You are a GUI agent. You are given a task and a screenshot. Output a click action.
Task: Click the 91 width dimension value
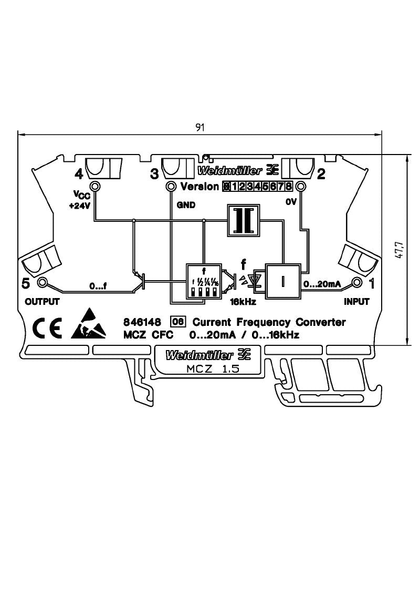click(200, 128)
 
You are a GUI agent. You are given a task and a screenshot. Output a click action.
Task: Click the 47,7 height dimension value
click(398, 250)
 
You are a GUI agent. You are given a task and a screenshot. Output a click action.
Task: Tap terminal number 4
click(79, 173)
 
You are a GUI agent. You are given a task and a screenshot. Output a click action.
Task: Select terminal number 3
click(154, 173)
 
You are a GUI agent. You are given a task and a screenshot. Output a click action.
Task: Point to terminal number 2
click(321, 173)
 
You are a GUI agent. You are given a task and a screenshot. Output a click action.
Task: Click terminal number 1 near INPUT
click(372, 284)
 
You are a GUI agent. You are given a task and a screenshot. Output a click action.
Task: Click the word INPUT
click(356, 302)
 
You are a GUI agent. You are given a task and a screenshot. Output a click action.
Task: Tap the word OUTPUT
click(42, 302)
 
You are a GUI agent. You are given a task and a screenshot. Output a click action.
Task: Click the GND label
click(186, 206)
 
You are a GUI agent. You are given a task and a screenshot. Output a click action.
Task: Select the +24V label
click(80, 206)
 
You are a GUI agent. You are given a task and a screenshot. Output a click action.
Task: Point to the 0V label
click(291, 202)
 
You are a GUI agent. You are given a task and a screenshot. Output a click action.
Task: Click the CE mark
click(47, 327)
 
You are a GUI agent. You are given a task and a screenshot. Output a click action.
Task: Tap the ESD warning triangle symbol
click(90, 325)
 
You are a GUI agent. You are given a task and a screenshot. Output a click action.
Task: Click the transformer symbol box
click(244, 220)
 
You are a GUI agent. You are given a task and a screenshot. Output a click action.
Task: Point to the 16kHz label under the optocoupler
click(243, 302)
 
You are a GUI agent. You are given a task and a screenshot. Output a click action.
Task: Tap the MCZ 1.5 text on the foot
click(213, 369)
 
